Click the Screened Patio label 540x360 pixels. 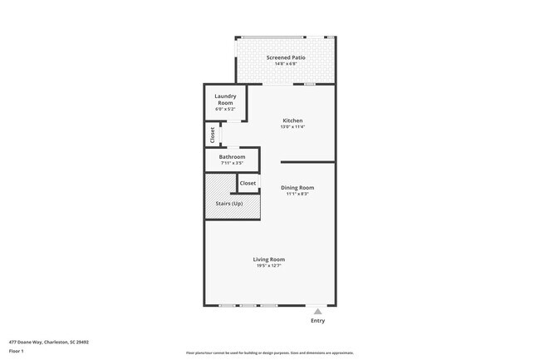pos(285,57)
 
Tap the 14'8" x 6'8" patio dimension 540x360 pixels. pos(285,64)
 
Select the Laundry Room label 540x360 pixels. pos(225,100)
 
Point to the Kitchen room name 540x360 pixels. pos(292,121)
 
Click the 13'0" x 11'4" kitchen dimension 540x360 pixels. pos(292,127)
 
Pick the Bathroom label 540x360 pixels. pos(232,156)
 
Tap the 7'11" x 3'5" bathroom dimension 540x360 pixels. pos(232,163)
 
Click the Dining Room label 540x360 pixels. pos(297,188)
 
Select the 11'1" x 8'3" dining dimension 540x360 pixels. pos(297,195)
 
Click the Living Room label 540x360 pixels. pos(269,259)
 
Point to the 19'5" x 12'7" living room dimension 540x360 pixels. pos(269,266)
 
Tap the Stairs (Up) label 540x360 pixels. pos(229,204)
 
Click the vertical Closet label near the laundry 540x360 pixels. pos(213,133)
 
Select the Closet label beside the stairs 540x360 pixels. pos(248,183)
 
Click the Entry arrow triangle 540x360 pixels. pos(317,312)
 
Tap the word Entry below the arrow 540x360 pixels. pos(317,321)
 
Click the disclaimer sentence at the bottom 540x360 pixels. pos(269,353)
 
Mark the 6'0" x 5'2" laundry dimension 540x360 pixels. pos(225,109)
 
